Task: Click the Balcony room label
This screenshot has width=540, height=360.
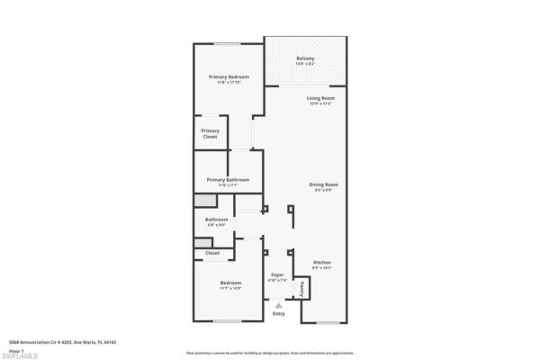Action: (x=305, y=59)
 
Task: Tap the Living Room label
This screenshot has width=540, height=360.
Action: (x=320, y=97)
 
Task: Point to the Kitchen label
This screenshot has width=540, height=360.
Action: (x=322, y=264)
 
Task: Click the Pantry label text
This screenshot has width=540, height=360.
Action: (x=303, y=289)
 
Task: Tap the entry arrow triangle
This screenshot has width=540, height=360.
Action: (x=278, y=306)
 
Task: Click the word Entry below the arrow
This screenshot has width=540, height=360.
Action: (x=278, y=314)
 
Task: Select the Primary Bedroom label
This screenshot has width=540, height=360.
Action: (x=229, y=77)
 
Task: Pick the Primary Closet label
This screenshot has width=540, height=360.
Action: (x=210, y=133)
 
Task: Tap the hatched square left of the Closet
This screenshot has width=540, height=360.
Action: (x=202, y=243)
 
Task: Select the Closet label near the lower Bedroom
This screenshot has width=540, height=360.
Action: (x=212, y=254)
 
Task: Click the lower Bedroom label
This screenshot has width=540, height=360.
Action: (x=230, y=283)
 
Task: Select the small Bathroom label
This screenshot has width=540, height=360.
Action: (x=216, y=219)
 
